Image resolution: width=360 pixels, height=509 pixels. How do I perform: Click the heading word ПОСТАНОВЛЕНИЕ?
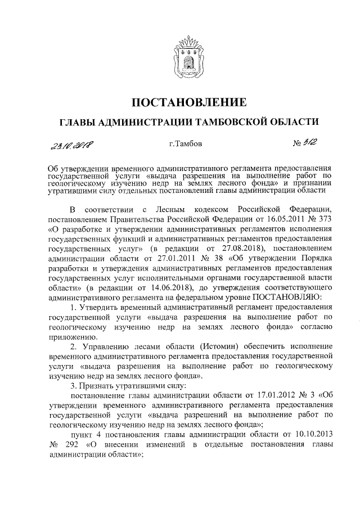(189, 102)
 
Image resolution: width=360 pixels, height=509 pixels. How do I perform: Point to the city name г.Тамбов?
(184, 144)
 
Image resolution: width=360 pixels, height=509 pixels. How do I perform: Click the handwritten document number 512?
(307, 144)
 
